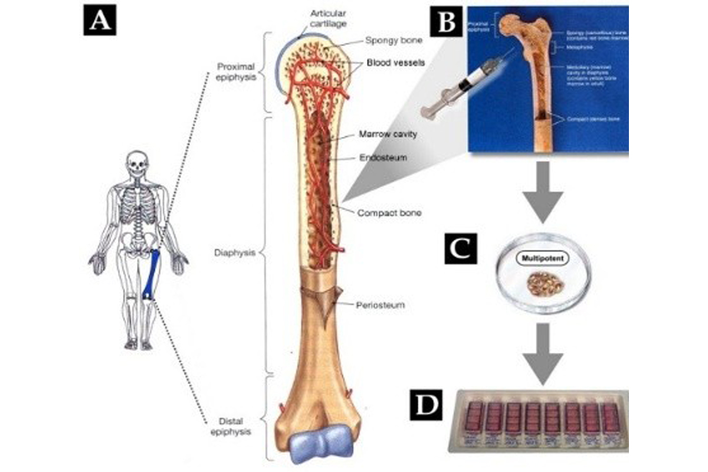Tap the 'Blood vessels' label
tap(394, 62)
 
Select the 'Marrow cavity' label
tap(388, 135)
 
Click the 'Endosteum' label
tap(381, 158)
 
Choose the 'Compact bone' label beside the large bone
tap(389, 212)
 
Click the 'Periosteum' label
tap(380, 306)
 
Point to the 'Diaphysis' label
tap(235, 253)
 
